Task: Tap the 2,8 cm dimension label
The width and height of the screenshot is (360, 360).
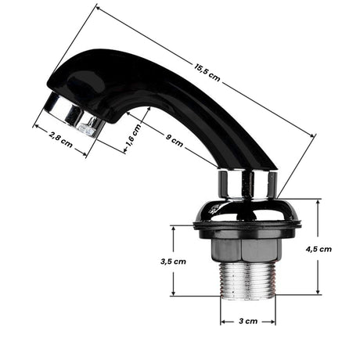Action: click(x=59, y=141)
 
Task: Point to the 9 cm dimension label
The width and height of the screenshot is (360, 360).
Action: click(x=175, y=141)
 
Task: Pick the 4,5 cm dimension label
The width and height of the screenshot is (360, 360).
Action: click(x=318, y=249)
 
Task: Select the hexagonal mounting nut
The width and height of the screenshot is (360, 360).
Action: click(x=247, y=250)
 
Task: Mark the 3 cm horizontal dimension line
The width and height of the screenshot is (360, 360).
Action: click(x=247, y=321)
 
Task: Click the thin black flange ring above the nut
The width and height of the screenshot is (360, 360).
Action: click(x=247, y=229)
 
